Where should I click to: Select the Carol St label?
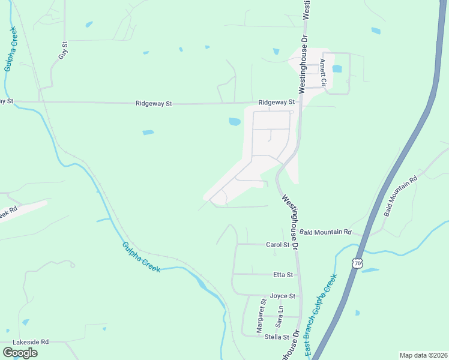pyautogui.click(x=278, y=245)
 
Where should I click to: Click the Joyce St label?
pyautogui.click(x=282, y=296)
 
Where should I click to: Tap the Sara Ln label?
pyautogui.click(x=279, y=316)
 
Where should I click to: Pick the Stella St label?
pyautogui.click(x=278, y=337)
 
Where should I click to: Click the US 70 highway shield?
pyautogui.click(x=358, y=263)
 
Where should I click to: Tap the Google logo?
pyautogui.click(x=20, y=353)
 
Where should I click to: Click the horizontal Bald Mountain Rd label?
pyautogui.click(x=325, y=232)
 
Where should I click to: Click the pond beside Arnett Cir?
pyautogui.click(x=337, y=68)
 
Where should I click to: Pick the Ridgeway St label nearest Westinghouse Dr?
pyautogui.click(x=276, y=103)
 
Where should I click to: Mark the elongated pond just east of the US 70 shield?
pyautogui.click(x=370, y=270)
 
